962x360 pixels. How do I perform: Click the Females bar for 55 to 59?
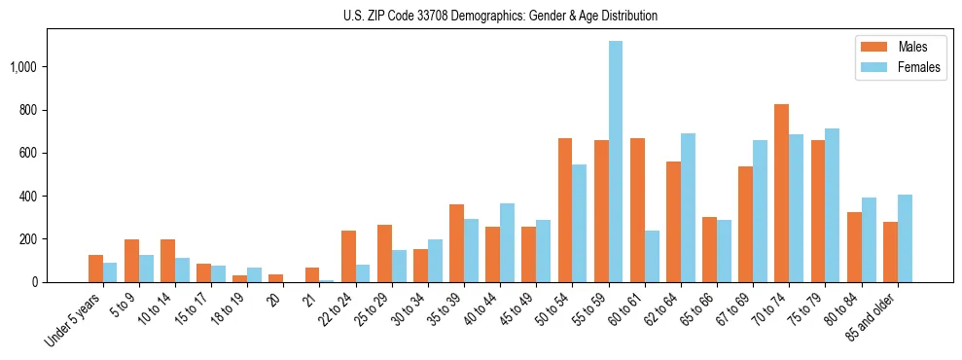pyautogui.click(x=616, y=162)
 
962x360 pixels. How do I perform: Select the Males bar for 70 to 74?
pyautogui.click(x=781, y=193)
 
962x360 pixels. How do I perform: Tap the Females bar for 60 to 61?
pyautogui.click(x=652, y=256)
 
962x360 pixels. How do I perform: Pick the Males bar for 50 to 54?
pyautogui.click(x=565, y=210)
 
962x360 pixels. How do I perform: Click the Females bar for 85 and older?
pyautogui.click(x=905, y=238)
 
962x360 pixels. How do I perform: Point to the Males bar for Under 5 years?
pyautogui.click(x=95, y=269)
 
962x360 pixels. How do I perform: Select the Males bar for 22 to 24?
pyautogui.click(x=348, y=256)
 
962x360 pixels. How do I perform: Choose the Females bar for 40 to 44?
pyautogui.click(x=507, y=242)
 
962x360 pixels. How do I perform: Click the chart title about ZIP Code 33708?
pyautogui.click(x=500, y=16)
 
